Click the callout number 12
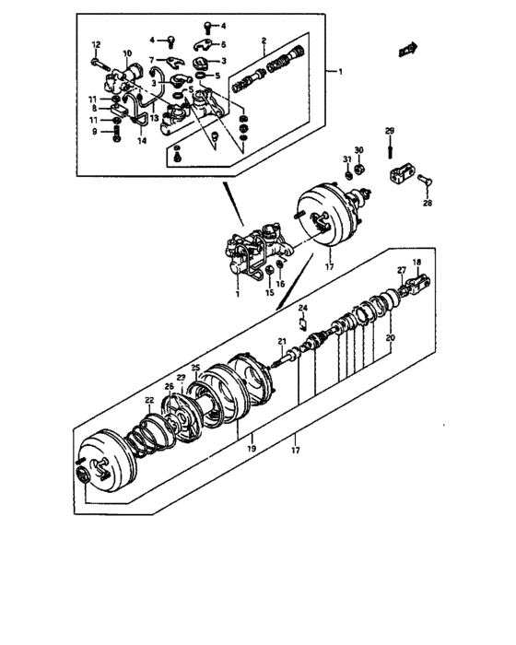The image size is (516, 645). [x=96, y=45]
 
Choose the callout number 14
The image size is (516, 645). [x=141, y=140]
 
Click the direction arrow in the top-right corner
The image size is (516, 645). [x=407, y=48]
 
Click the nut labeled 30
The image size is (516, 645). [x=361, y=170]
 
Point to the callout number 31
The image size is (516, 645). [x=347, y=160]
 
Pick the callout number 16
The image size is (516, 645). [x=281, y=284]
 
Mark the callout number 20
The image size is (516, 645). [x=389, y=338]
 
